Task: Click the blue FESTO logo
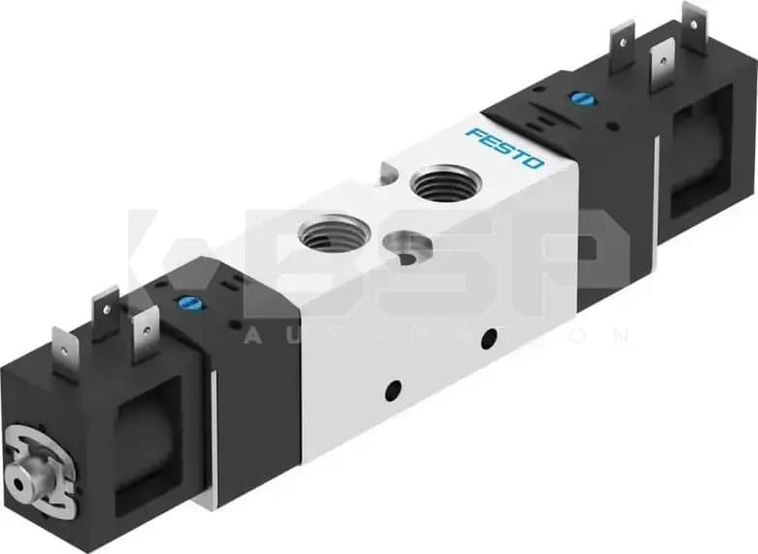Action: coord(505,147)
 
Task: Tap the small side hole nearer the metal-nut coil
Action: coord(393,390)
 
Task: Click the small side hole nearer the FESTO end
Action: coord(488,337)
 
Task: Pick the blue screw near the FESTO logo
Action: coord(580,98)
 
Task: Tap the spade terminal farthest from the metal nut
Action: coord(694,23)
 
